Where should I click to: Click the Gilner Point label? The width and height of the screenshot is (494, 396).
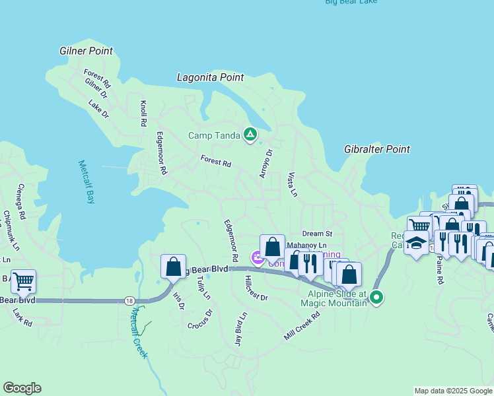point(86,51)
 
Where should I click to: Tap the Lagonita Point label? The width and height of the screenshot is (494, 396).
point(210,77)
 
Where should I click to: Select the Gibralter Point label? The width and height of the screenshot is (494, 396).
point(377,150)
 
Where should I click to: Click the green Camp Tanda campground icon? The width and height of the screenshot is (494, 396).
point(250,135)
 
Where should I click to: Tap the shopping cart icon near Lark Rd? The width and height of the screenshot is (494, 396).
point(24,281)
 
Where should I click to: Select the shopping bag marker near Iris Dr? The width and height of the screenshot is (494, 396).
point(173,267)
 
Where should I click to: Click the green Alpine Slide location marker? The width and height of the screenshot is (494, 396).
point(376,298)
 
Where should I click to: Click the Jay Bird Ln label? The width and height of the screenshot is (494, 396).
point(240,327)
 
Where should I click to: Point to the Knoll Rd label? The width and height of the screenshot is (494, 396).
point(143,114)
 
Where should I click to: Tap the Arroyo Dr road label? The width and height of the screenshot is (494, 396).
point(268,162)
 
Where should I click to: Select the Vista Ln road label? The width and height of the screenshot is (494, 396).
point(293,185)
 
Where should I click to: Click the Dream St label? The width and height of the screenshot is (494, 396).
point(317,234)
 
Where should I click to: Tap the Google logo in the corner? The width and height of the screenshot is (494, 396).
point(22,388)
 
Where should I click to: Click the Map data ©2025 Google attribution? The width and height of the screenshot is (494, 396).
point(453,391)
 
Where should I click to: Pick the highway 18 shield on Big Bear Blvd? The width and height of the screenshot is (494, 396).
point(129,300)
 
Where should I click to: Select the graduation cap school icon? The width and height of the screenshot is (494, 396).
point(417,244)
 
